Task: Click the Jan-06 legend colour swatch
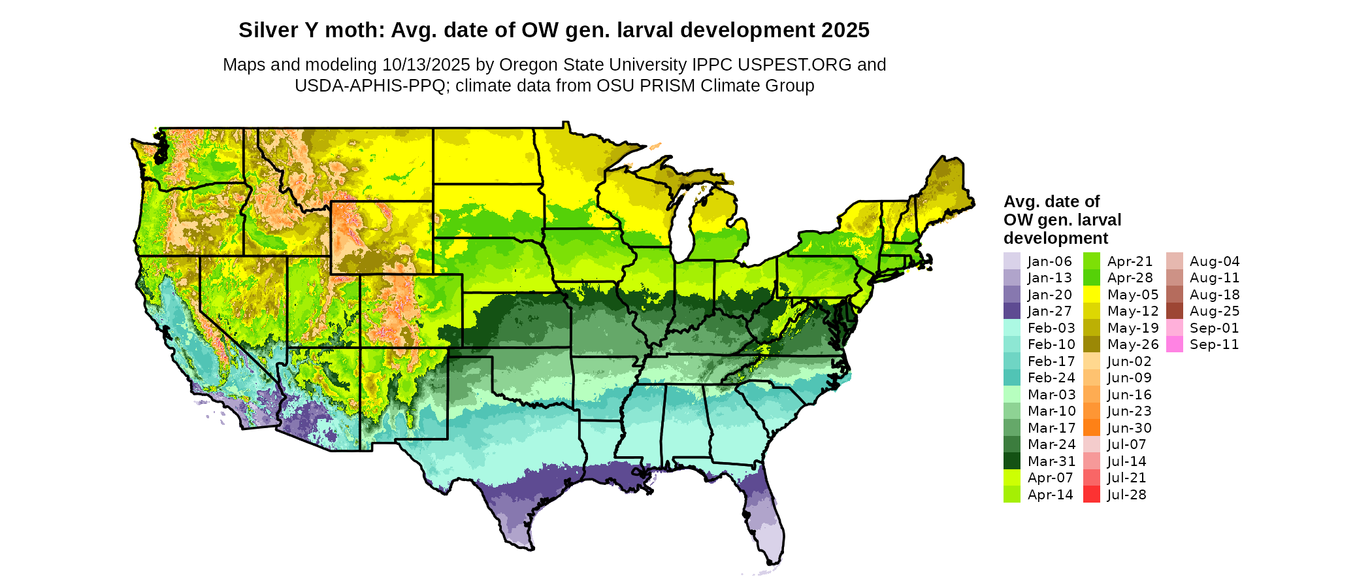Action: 1011,261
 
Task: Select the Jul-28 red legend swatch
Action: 1092,495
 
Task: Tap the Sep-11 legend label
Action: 1214,344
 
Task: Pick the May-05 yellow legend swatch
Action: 1092,295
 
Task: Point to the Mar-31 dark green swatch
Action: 1011,461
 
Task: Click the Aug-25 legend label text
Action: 1214,311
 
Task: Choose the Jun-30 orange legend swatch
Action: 1092,428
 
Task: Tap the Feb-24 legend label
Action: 1051,378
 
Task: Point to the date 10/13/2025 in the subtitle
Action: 426,65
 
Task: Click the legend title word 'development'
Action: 1056,238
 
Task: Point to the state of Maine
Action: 945,190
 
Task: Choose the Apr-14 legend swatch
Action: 1011,495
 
